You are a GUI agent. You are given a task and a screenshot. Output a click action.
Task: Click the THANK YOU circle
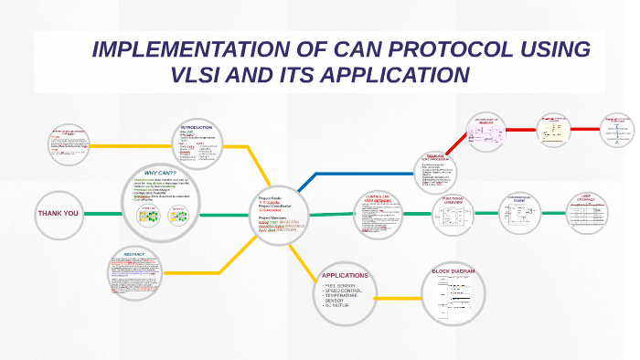(x=59, y=214)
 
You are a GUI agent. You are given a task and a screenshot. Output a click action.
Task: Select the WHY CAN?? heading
(x=161, y=173)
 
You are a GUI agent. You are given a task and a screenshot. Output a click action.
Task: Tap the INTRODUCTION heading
(x=197, y=126)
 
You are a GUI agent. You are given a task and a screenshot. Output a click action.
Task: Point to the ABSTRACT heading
(x=135, y=255)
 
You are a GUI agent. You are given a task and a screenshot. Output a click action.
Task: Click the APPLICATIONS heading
(x=346, y=275)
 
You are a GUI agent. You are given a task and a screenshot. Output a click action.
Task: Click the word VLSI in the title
(x=216, y=74)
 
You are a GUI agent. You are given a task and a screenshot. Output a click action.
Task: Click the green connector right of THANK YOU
(x=101, y=214)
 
